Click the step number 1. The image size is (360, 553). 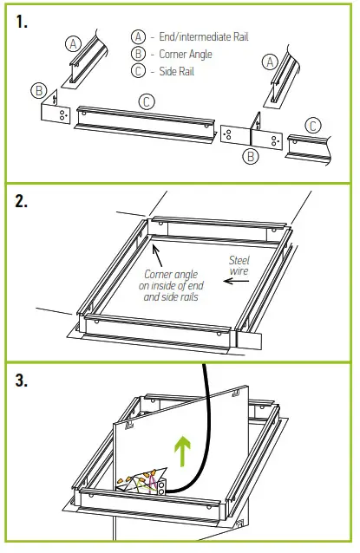pyautogui.click(x=24, y=23)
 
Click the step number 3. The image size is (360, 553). pyautogui.click(x=25, y=382)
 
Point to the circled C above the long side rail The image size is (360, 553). pyautogui.click(x=147, y=101)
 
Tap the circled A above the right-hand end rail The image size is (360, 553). pyautogui.click(x=270, y=61)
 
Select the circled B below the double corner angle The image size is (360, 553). pyautogui.click(x=251, y=157)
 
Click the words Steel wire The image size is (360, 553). pyautogui.click(x=239, y=266)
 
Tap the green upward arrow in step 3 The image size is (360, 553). pyautogui.click(x=183, y=451)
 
